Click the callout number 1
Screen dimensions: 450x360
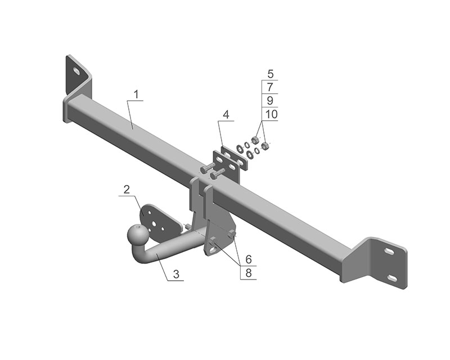click(136, 94)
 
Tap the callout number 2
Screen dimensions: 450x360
click(127, 190)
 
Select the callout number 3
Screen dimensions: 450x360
click(176, 274)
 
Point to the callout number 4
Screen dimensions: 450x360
click(226, 115)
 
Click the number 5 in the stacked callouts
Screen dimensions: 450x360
click(270, 74)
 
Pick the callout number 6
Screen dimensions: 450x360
click(249, 259)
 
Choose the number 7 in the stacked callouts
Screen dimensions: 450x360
click(270, 87)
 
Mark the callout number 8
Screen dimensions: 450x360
click(249, 273)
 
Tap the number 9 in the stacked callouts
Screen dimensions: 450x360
click(270, 101)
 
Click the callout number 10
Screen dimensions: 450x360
click(271, 114)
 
